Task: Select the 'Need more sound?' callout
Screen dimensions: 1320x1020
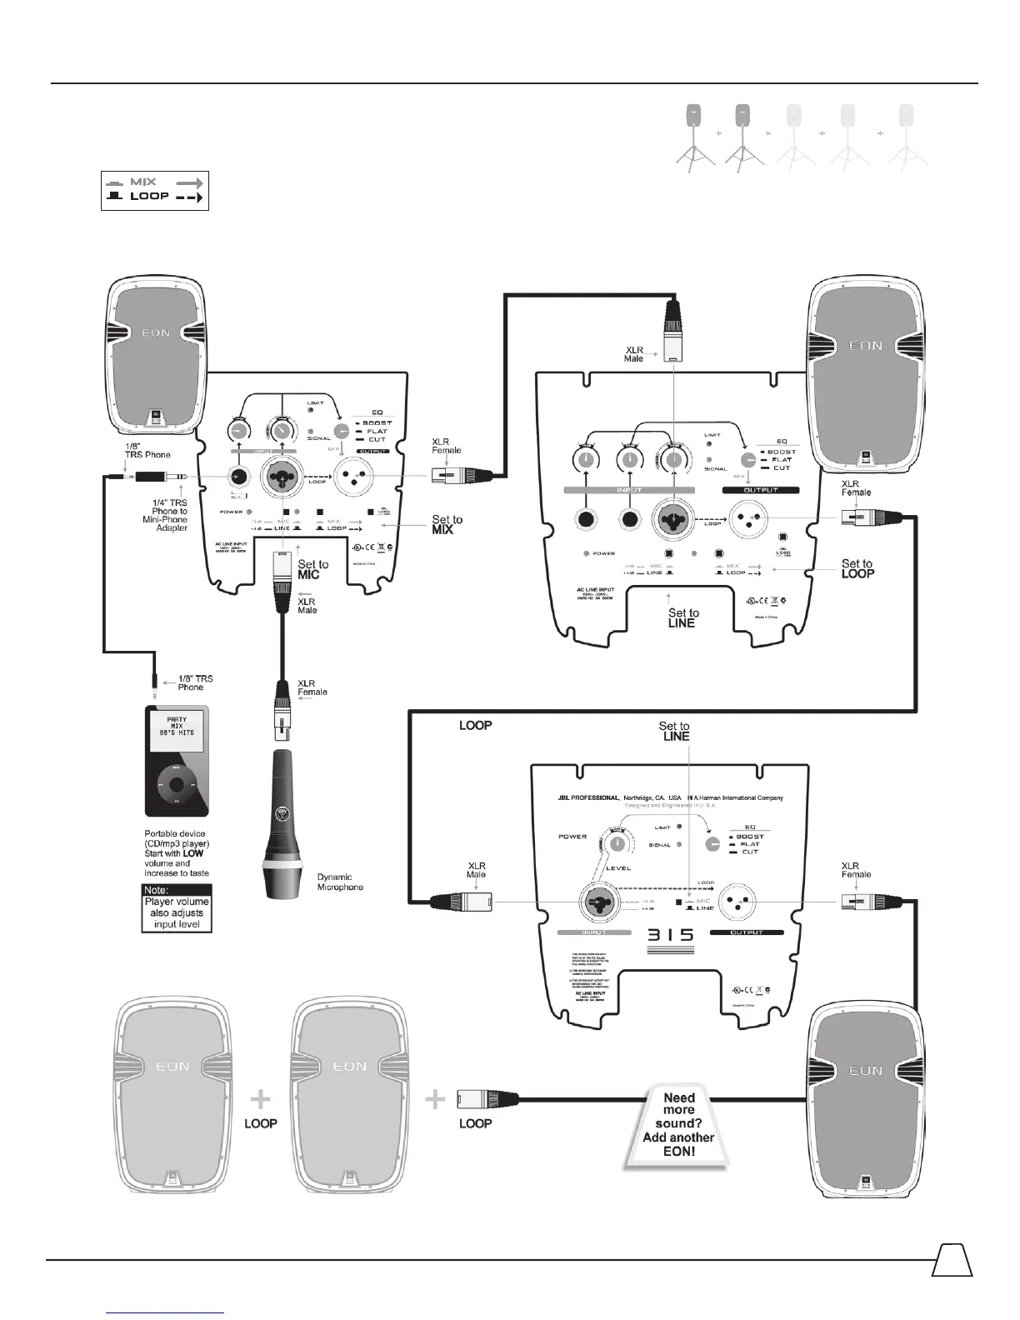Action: pyautogui.click(x=678, y=1123)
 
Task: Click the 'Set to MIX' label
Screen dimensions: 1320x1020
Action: pyautogui.click(x=447, y=524)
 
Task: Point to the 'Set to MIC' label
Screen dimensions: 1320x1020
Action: pyautogui.click(x=312, y=569)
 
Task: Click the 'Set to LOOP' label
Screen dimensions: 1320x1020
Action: pyautogui.click(x=857, y=568)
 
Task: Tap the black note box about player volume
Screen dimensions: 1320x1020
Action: pyautogui.click(x=176, y=907)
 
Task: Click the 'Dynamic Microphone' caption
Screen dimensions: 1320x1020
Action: pyautogui.click(x=340, y=882)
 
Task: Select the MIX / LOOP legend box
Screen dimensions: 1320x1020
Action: pyautogui.click(x=154, y=190)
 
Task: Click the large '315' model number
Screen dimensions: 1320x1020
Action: pyautogui.click(x=671, y=936)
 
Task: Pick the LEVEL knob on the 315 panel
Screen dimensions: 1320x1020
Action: pyautogui.click(x=617, y=843)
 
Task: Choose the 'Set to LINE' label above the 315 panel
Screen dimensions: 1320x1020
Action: pyautogui.click(x=674, y=731)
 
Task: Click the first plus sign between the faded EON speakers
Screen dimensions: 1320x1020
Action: pyautogui.click(x=261, y=1100)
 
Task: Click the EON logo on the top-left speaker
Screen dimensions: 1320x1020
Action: pyautogui.click(x=154, y=332)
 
